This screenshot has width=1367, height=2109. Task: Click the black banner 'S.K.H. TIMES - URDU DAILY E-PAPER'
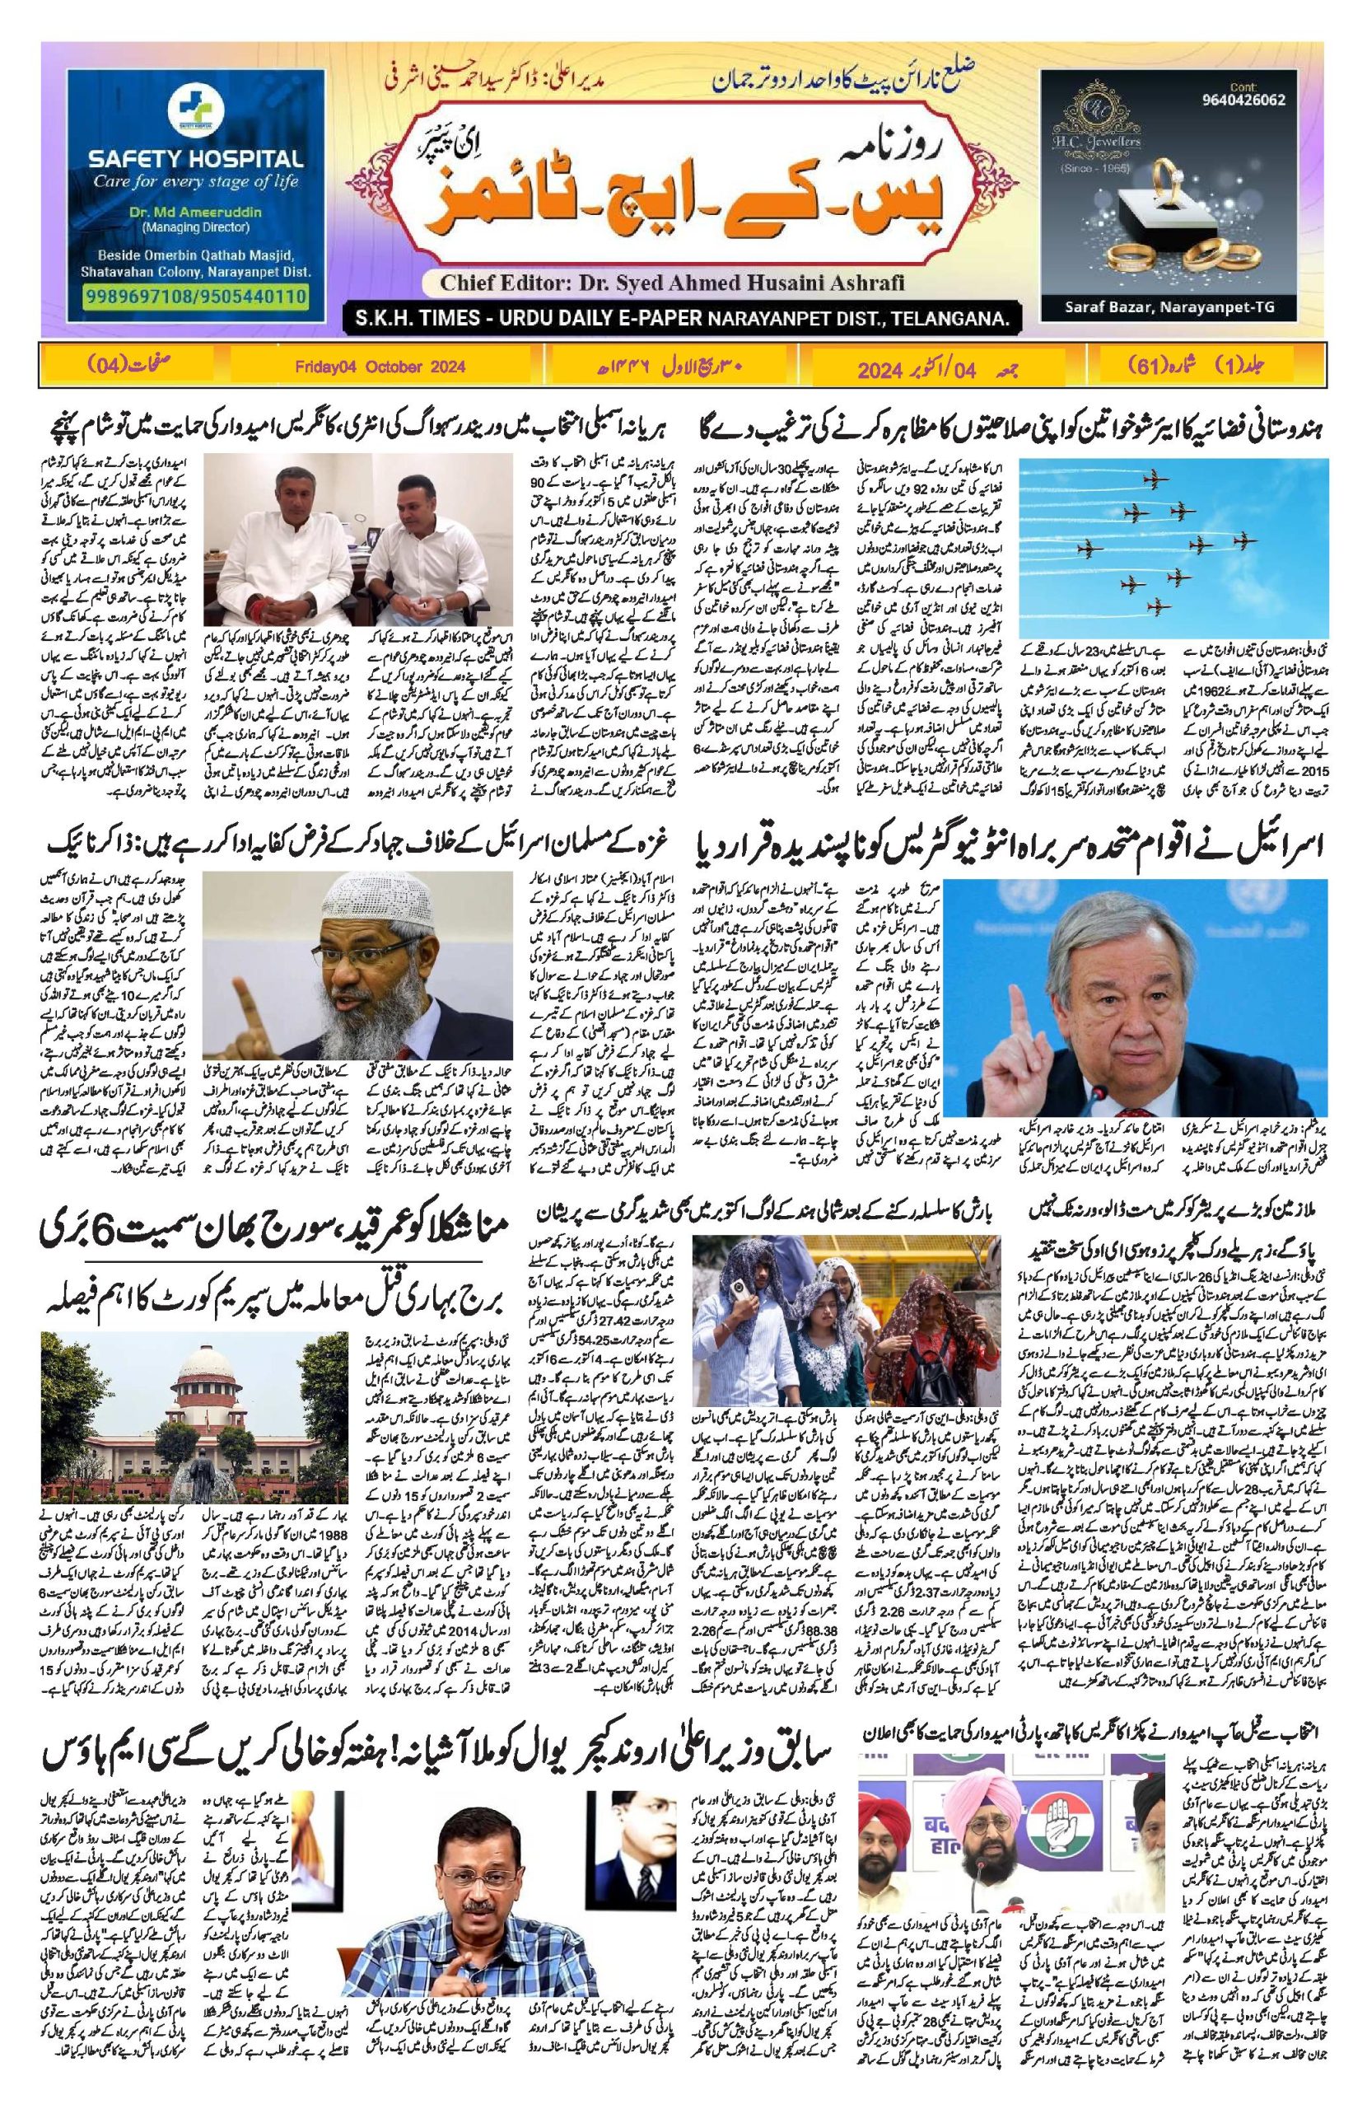pos(679,316)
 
